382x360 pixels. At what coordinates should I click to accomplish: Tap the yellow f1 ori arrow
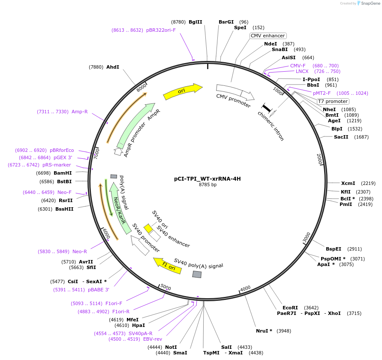tap(168, 266)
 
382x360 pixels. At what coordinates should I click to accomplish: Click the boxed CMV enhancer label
tap(268, 36)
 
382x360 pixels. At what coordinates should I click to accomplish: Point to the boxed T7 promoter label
tap(333, 101)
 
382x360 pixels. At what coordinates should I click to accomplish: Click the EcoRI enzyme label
tap(290, 308)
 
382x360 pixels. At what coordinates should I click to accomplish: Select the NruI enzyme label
tap(264, 331)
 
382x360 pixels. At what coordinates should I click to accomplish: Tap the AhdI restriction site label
tap(113, 67)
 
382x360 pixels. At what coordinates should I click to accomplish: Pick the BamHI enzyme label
tap(63, 173)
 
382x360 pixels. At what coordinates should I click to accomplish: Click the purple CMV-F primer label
tap(298, 66)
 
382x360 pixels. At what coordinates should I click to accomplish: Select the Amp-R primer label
tap(80, 112)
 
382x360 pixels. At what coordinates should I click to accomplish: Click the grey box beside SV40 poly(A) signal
tap(197, 274)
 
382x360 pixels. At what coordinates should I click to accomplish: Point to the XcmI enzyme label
tap(348, 183)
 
